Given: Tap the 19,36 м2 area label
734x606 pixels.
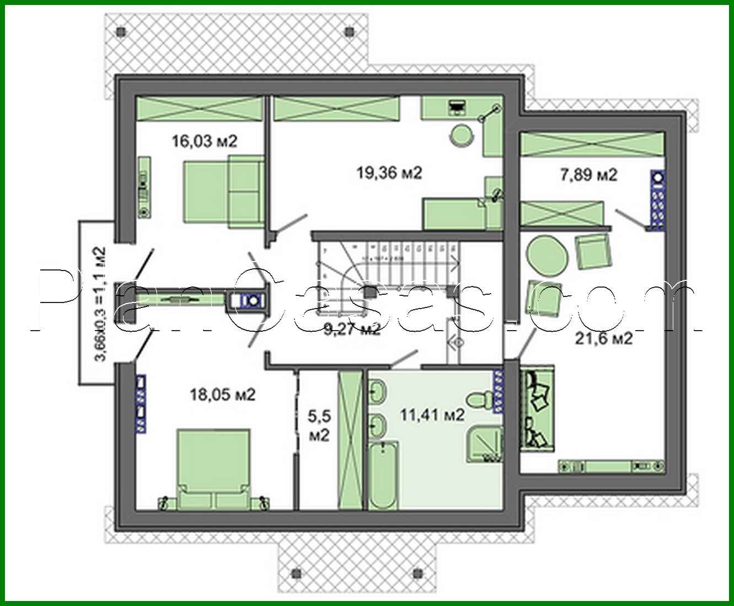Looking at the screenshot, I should (x=389, y=173).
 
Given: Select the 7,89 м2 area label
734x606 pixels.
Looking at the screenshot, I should (x=588, y=175).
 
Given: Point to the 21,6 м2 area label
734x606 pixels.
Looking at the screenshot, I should (x=604, y=338).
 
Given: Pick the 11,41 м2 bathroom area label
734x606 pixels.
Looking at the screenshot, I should (x=432, y=414).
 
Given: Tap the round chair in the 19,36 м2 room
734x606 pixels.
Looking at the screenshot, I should (x=462, y=134).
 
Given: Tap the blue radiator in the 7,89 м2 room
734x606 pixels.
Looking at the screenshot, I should (x=657, y=199).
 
